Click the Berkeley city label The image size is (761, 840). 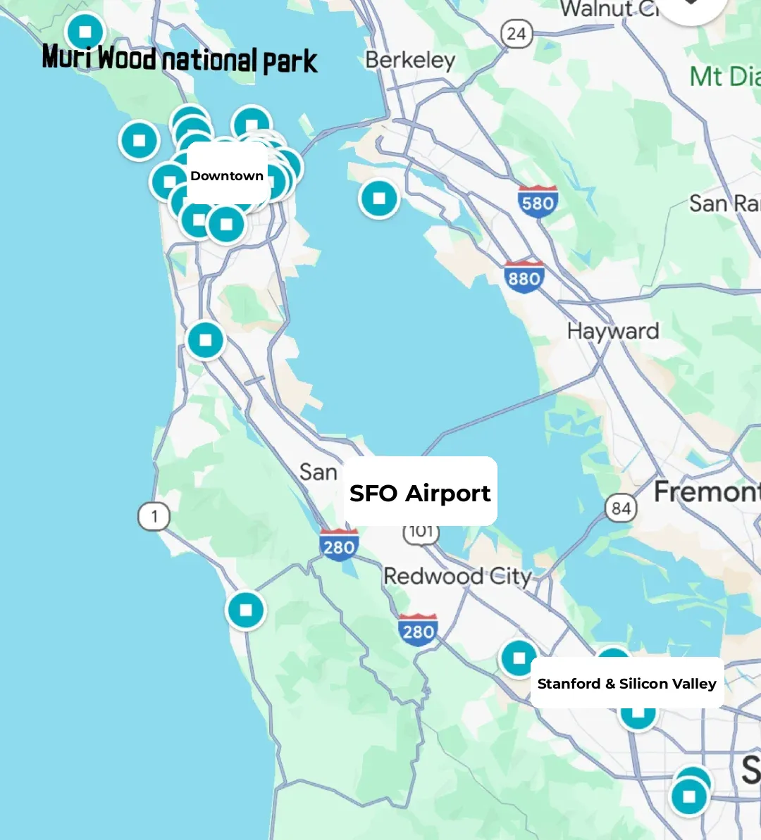coord(410,61)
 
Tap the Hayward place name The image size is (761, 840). coord(613,331)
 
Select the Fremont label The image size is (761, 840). coord(707,491)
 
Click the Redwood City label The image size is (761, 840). coord(457,576)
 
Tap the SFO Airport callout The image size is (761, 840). coord(420,493)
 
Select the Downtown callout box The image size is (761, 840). coord(227,175)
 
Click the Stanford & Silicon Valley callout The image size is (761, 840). coord(626,683)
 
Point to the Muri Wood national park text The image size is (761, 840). coord(180,59)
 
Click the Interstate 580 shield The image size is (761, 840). coord(538,203)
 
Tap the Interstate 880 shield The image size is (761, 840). coord(524,277)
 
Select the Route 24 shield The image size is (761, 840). coord(516,34)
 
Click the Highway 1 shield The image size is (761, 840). coord(154,517)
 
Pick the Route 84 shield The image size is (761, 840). coord(621,508)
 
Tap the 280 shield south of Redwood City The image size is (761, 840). coord(418,630)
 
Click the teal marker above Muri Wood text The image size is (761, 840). coord(85,32)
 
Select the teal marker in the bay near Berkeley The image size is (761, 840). coord(379,199)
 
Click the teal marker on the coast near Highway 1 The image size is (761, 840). coord(245,610)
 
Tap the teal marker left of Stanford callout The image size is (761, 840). coord(519,658)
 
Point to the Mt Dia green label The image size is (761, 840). coord(724,76)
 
